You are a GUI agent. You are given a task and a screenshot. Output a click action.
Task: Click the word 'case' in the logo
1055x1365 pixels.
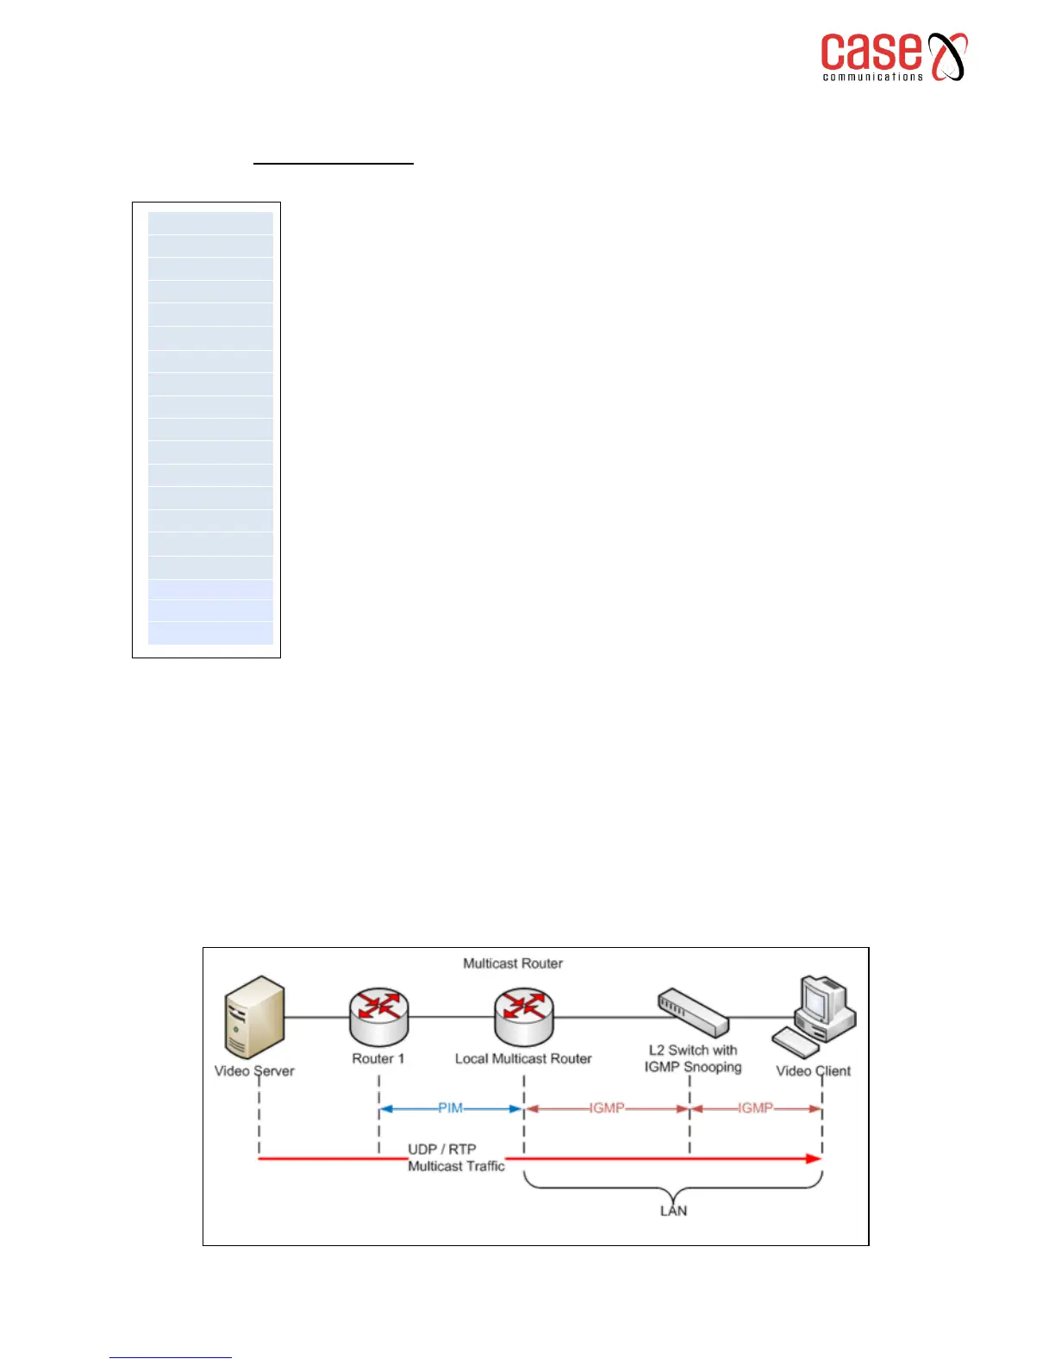870,53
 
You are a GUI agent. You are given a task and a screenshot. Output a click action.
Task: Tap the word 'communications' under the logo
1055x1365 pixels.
872,78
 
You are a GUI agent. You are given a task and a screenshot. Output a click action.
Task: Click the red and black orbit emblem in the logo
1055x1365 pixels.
946,57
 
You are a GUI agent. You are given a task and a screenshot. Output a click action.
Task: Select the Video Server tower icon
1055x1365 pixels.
254,1017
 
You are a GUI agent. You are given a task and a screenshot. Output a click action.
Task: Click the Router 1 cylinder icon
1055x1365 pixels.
379,1017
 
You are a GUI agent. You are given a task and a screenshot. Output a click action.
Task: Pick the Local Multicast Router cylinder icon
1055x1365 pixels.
524,1017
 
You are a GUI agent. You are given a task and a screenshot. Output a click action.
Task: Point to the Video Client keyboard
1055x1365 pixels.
795,1043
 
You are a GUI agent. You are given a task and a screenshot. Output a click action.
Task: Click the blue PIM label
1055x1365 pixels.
450,1108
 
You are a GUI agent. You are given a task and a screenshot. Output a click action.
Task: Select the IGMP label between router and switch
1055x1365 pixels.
607,1108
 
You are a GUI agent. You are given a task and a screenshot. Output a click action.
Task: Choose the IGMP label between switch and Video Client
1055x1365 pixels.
755,1108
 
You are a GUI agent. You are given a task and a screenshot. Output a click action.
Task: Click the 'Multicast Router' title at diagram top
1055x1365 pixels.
513,963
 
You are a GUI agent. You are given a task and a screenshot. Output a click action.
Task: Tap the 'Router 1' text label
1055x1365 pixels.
378,1058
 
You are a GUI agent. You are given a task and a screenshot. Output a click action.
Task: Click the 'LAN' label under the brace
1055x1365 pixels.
673,1211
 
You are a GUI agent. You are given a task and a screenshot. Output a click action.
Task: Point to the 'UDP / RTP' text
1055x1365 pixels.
441,1149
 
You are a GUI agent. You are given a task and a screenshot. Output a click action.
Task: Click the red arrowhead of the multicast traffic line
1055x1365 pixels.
813,1158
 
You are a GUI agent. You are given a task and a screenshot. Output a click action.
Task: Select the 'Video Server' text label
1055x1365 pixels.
254,1071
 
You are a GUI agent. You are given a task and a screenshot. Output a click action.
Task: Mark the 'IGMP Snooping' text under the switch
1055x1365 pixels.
693,1067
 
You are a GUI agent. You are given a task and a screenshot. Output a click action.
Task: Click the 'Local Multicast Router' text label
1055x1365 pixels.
523,1058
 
